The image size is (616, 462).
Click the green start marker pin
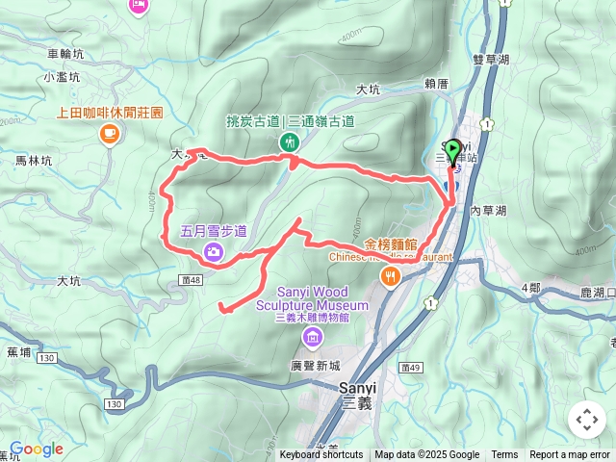click(454, 152)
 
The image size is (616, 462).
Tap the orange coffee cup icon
click(108, 133)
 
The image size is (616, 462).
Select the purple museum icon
click(313, 337)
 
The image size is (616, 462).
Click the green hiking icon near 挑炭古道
click(289, 142)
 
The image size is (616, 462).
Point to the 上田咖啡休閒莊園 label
click(109, 112)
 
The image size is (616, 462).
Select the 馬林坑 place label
click(33, 162)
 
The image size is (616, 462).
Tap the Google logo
click(36, 449)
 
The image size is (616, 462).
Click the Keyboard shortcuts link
click(321, 455)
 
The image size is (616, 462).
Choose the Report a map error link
click(570, 455)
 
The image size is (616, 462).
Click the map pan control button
click(586, 420)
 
